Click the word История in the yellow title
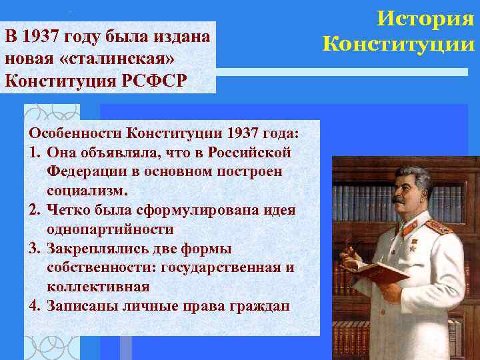(424, 19)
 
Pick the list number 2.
(33, 210)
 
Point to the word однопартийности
(110, 229)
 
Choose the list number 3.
(33, 249)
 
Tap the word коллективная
(98, 287)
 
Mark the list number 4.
(33, 307)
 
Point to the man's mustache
(399, 199)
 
